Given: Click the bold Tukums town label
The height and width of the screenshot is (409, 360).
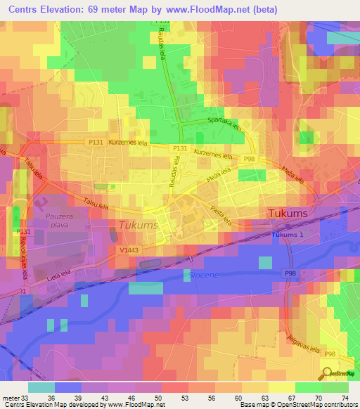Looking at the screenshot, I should pos(286,213).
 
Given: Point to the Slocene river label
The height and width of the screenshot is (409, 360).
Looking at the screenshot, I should pos(204,275).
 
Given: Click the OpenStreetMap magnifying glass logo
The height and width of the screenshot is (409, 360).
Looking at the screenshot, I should pos(328,372).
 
